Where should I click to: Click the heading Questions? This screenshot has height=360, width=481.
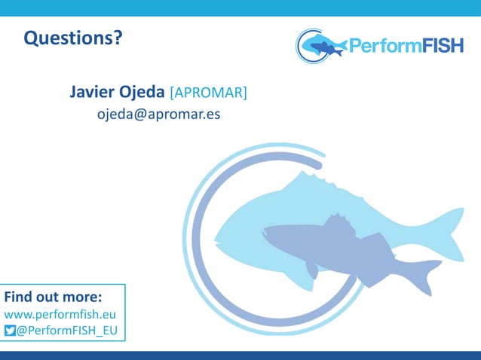coord(72,37)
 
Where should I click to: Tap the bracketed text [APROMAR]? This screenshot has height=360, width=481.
coord(208,93)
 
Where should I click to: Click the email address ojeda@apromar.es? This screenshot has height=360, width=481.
coord(158,115)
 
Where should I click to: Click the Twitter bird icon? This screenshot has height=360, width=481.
coord(10,331)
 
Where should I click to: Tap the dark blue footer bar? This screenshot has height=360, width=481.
coord(240,355)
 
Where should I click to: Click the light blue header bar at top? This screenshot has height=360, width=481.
coord(240,8)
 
